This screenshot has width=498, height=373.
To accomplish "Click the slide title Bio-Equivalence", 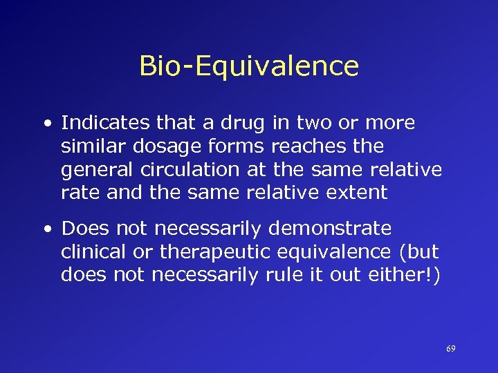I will tap(249, 66).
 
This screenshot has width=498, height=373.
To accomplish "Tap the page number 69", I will tap(450, 349).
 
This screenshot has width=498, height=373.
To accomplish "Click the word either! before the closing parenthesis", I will tap(404, 275).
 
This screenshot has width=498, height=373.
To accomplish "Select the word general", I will tap(91, 170).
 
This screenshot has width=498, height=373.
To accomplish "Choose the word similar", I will tap(91, 146).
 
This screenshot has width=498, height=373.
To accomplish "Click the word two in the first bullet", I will tap(308, 124).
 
